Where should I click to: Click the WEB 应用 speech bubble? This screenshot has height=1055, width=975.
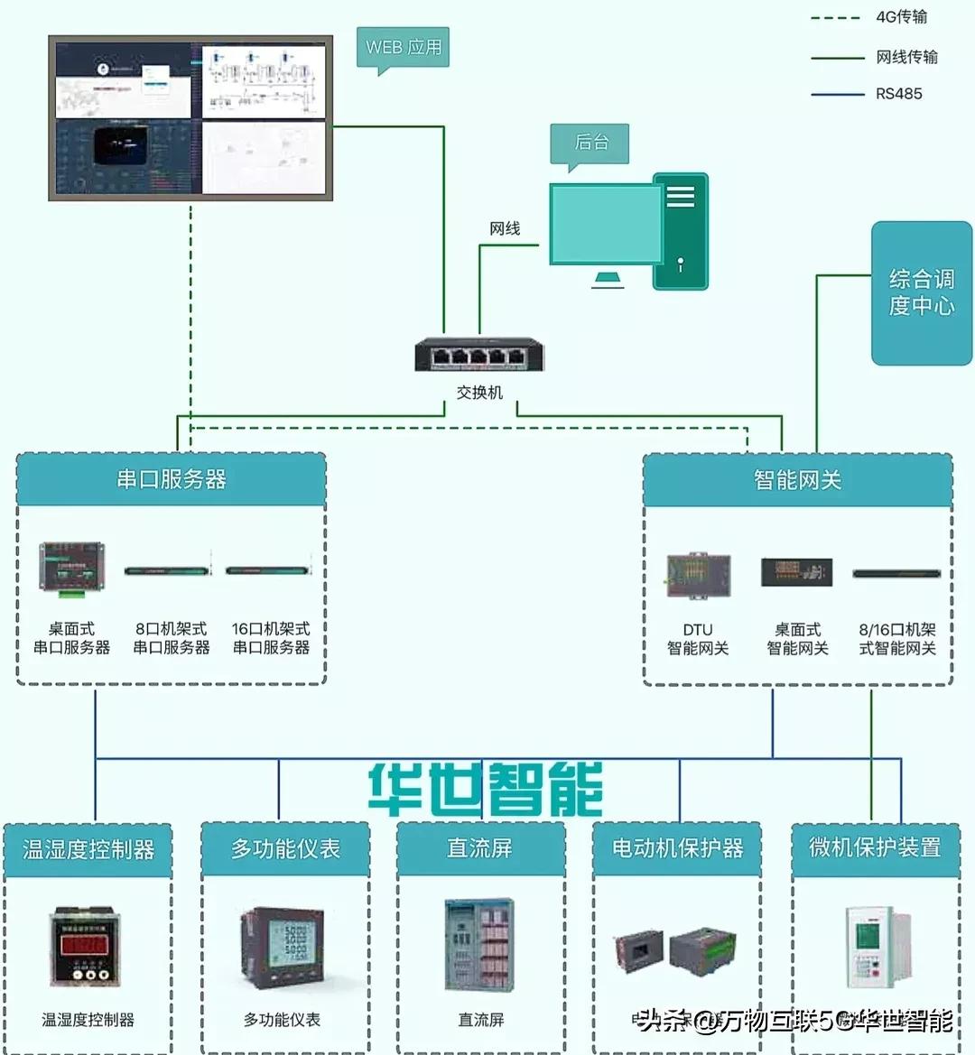pos(404,48)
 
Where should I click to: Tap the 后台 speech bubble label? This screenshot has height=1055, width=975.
pos(590,143)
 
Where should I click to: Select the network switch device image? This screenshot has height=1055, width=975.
pos(479,355)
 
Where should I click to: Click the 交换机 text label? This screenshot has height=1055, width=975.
pos(479,393)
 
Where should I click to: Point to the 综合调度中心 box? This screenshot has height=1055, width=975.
pos(921,292)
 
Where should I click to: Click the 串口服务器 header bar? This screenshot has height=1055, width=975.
pos(172,479)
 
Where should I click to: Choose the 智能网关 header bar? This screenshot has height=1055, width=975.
pos(797,480)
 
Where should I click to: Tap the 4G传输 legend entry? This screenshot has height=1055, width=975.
pos(901,17)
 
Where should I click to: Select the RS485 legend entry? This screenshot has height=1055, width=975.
pos(898,94)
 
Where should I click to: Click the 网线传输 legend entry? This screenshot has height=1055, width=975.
pos(905,57)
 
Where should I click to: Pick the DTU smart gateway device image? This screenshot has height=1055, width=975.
pos(698,574)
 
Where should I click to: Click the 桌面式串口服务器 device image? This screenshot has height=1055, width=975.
pos(71,568)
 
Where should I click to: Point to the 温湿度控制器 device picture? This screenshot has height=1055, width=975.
pos(87,948)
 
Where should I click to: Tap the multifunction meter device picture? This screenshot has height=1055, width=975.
pos(282,948)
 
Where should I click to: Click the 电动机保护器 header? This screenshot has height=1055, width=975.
pos(677,848)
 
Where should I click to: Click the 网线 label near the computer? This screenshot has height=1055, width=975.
pos(506,228)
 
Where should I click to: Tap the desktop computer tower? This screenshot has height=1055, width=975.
pos(680,232)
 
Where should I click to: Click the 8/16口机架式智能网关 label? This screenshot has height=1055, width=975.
pos(896,639)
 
